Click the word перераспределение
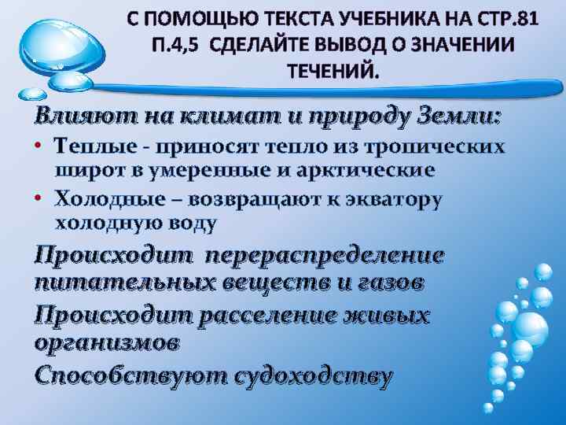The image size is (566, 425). click(323, 257)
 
